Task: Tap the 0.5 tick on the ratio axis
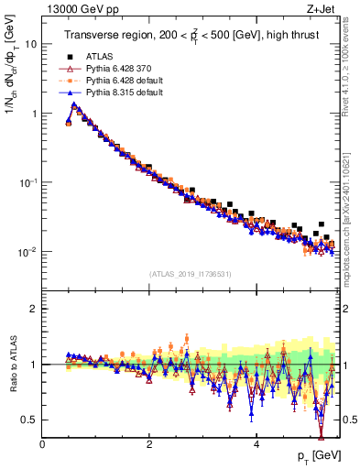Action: pos(27,420)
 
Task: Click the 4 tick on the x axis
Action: pos(256,444)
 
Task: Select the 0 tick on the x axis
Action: pos(42,444)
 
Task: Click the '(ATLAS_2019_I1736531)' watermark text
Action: pos(191,274)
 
